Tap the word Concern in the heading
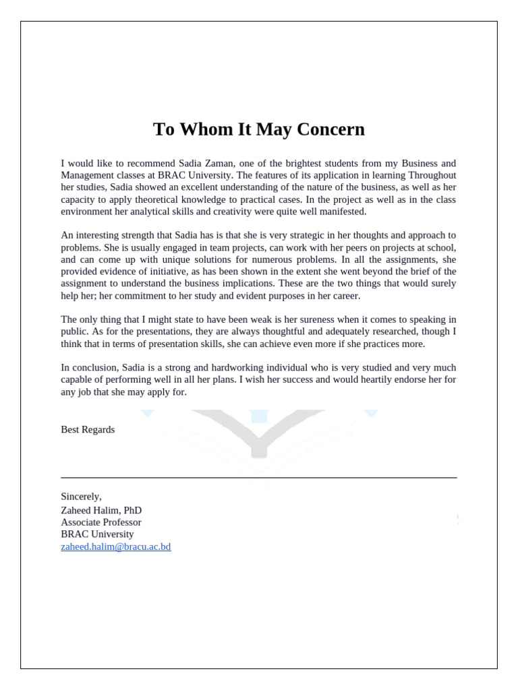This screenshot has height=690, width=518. tap(328, 129)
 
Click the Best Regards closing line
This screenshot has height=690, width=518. tap(88, 430)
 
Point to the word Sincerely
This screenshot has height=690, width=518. tap(81, 497)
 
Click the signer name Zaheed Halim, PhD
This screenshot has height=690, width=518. tap(101, 510)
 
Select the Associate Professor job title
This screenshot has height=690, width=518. tap(101, 522)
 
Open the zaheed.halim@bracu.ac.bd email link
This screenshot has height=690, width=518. tap(116, 546)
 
